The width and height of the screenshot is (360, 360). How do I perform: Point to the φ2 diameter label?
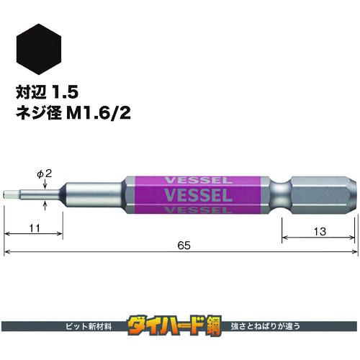44,172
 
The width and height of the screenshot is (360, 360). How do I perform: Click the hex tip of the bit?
11,195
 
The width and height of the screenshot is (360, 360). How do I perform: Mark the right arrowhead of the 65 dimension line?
354,252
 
